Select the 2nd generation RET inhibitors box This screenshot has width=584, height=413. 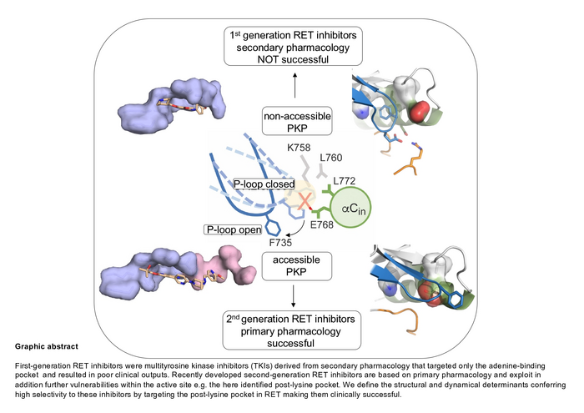pos(292,330)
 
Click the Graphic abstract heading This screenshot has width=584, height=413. pos(45,345)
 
